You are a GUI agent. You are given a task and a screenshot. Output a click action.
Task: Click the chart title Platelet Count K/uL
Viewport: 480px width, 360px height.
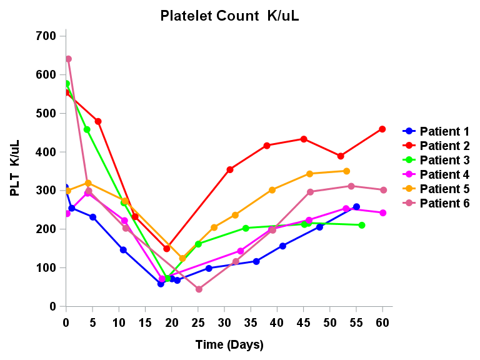pyautogui.click(x=229, y=16)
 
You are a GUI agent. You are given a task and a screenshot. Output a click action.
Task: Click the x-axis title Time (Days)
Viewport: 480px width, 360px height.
pyautogui.click(x=229, y=344)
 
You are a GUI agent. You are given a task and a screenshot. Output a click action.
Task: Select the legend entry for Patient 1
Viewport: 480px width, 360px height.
pyautogui.click(x=436, y=131)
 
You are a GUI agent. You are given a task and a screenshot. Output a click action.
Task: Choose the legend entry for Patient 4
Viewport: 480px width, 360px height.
pyautogui.click(x=436, y=174)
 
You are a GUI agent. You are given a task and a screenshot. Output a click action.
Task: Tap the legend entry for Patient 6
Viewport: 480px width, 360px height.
pyautogui.click(x=436, y=203)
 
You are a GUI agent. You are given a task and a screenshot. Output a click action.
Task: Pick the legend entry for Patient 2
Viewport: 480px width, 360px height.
pyautogui.click(x=436, y=146)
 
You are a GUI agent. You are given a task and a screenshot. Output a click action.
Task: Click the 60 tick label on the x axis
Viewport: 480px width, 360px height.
pyautogui.click(x=382, y=322)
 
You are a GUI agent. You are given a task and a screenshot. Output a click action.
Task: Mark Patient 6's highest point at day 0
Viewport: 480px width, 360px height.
pyautogui.click(x=68, y=59)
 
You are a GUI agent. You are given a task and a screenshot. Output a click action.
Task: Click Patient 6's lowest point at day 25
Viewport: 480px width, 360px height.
pyautogui.click(x=199, y=289)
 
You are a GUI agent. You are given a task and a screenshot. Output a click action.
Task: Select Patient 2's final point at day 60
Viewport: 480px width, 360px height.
pyautogui.click(x=382, y=129)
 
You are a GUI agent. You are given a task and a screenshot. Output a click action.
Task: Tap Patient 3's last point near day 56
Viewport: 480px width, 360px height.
pyautogui.click(x=362, y=225)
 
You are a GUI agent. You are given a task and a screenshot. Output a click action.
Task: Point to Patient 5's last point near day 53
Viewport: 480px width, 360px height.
pyautogui.click(x=346, y=171)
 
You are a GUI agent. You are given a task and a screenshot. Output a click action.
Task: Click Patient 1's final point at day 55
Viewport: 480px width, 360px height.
pyautogui.click(x=356, y=207)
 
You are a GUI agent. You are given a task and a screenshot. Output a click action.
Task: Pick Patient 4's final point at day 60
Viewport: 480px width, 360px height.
pyautogui.click(x=383, y=213)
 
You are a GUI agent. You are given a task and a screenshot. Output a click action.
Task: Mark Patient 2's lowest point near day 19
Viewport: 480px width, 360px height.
pyautogui.click(x=167, y=249)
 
